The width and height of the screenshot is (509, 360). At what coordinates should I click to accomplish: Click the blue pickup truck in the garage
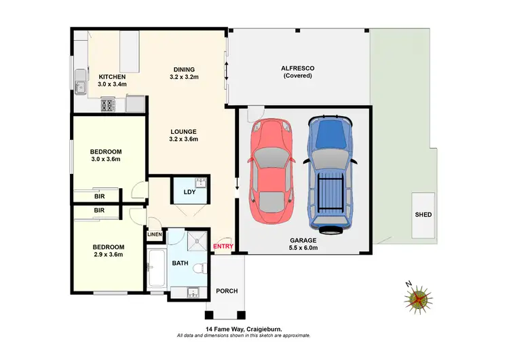point(330,173)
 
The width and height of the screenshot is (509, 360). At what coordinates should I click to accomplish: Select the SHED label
point(423,215)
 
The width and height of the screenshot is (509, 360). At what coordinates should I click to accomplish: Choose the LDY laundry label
point(190,192)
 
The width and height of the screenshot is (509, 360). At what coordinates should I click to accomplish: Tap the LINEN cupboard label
point(155,234)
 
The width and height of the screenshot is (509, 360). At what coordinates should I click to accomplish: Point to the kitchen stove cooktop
point(109,105)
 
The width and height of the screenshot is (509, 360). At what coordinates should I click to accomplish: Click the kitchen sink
point(81,86)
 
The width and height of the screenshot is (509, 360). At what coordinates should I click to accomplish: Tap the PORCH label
point(226,291)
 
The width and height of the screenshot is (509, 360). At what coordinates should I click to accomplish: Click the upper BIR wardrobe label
point(99,196)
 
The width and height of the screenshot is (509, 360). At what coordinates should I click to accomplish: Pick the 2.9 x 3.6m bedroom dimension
point(108,255)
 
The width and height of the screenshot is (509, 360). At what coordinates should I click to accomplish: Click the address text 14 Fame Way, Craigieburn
point(244,329)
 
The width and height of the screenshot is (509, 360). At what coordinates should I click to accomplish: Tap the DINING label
point(184,69)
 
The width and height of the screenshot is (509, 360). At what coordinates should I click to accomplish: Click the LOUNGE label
point(184,131)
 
